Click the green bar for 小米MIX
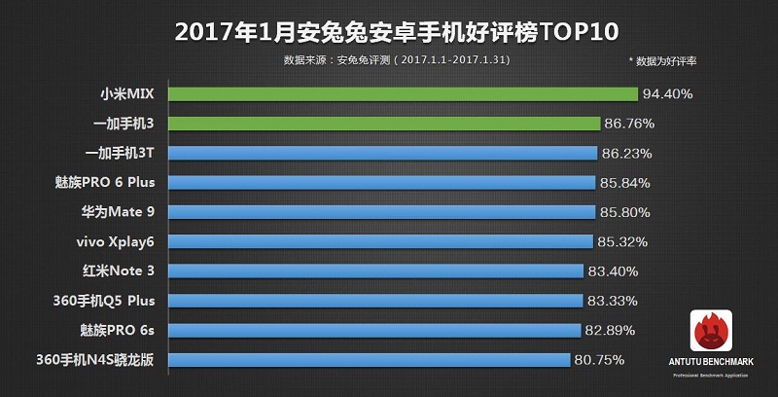tap(404, 94)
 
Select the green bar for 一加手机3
tap(385, 124)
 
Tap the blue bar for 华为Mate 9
tap(382, 211)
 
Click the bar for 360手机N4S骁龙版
tap(371, 359)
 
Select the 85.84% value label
tap(624, 182)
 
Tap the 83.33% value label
tap(614, 301)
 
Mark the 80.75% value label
tap(599, 359)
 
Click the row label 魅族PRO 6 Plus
tap(106, 182)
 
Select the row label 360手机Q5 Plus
tap(106, 301)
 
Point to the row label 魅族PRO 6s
tap(114, 330)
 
